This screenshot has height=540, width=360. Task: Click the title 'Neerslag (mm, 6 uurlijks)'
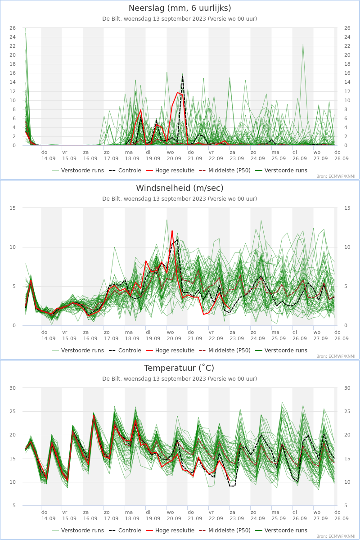(x=180, y=8)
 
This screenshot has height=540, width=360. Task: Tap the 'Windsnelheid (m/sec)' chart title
(x=180, y=188)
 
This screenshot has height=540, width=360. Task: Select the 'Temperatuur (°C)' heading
(x=179, y=368)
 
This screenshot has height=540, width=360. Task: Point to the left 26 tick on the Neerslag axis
(x=13, y=28)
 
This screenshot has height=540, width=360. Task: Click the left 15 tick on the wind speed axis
(x=13, y=208)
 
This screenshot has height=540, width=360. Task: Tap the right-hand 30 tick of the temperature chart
(x=347, y=388)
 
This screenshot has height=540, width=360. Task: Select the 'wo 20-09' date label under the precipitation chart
(x=174, y=156)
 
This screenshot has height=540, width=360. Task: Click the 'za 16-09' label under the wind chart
(x=90, y=335)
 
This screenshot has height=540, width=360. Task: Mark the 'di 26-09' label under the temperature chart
(x=300, y=515)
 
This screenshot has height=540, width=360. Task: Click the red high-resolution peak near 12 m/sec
(x=172, y=231)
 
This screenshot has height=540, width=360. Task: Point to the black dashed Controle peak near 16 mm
(x=183, y=76)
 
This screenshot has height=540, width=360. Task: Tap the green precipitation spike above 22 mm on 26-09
(x=303, y=45)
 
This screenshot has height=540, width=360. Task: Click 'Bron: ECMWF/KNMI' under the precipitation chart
(x=336, y=176)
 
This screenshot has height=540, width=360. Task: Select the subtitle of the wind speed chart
(x=180, y=199)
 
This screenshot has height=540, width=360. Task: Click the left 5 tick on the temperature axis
(x=14, y=505)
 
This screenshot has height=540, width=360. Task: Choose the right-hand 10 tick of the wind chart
(x=347, y=247)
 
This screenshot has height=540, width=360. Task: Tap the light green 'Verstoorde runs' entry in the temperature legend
(x=78, y=531)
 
